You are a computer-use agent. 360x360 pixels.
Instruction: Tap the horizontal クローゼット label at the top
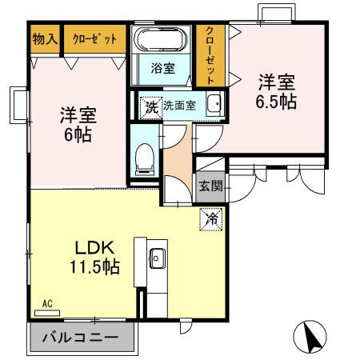coord(94,38)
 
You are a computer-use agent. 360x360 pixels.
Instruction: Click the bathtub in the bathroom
coord(162,40)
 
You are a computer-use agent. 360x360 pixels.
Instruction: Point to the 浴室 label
coord(162,69)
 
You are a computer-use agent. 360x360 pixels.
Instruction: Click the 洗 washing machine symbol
coord(151,106)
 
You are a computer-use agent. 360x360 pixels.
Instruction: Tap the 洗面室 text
coord(179,106)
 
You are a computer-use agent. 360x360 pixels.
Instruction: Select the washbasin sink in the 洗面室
coord(214,105)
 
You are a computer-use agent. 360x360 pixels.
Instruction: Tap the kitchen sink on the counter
coord(157,258)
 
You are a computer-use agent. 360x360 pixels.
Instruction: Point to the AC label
coord(47,304)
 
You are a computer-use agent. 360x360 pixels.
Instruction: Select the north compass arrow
coord(314,336)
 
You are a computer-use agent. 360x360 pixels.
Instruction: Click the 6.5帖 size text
coord(275,102)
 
